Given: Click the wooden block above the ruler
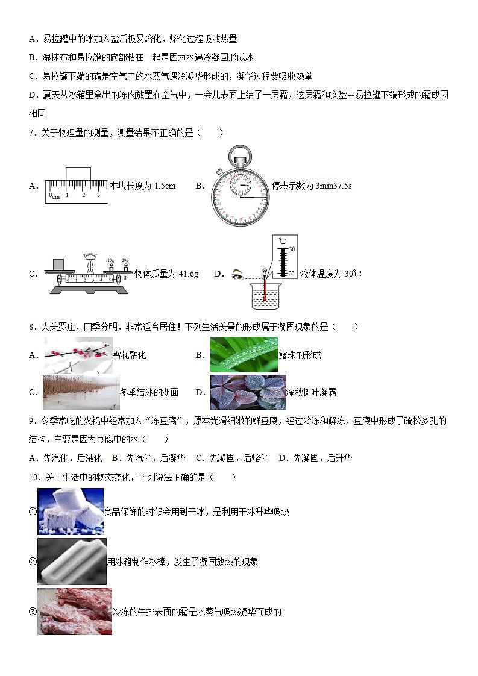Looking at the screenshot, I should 78,174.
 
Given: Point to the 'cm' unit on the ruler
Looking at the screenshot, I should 55,196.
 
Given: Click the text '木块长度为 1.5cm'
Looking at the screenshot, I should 142,186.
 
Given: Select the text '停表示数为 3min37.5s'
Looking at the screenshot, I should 312,186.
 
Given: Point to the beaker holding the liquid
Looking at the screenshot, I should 266,296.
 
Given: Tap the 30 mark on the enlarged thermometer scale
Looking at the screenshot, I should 291,249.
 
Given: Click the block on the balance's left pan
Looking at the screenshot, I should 58,264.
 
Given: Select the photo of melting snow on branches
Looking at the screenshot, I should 78,355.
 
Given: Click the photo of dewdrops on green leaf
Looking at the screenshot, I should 244,355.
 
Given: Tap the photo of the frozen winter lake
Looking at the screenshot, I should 81,392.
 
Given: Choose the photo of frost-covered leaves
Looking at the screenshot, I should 248,392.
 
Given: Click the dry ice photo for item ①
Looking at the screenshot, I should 71,512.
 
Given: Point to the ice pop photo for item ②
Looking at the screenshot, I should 72,562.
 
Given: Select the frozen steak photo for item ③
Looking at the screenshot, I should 75,612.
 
